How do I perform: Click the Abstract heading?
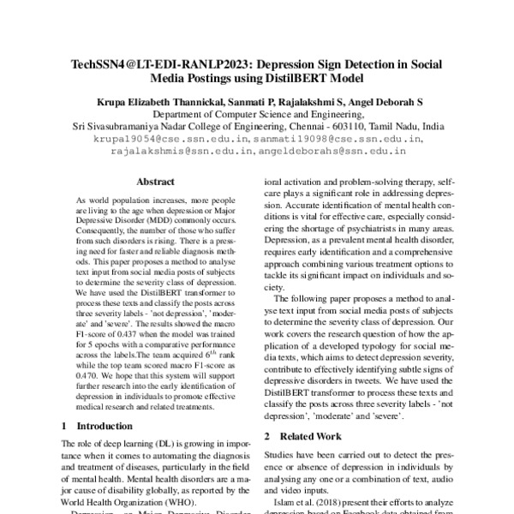pos(156,182)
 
